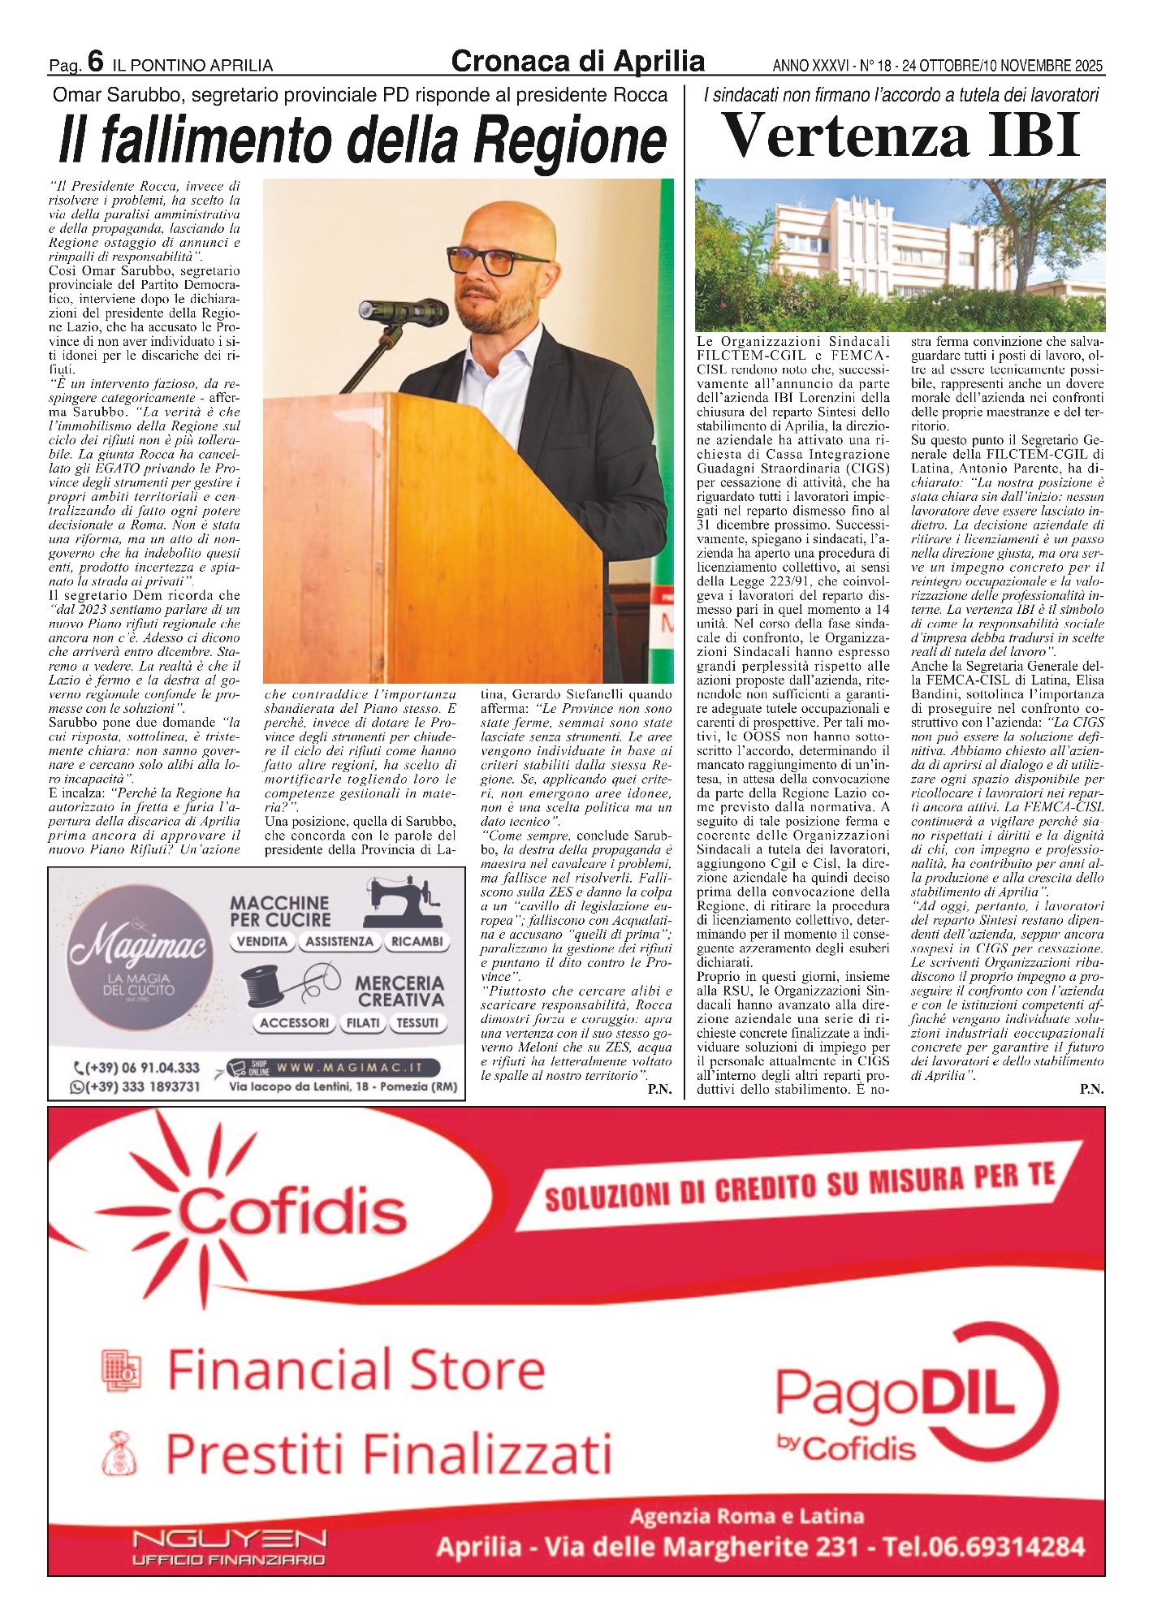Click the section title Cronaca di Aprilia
(x=577, y=61)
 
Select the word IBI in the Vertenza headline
(x=1034, y=136)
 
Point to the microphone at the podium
(x=406, y=310)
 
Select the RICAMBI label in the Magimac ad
(x=417, y=941)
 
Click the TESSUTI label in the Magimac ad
(x=417, y=1023)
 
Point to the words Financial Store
(x=356, y=1368)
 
